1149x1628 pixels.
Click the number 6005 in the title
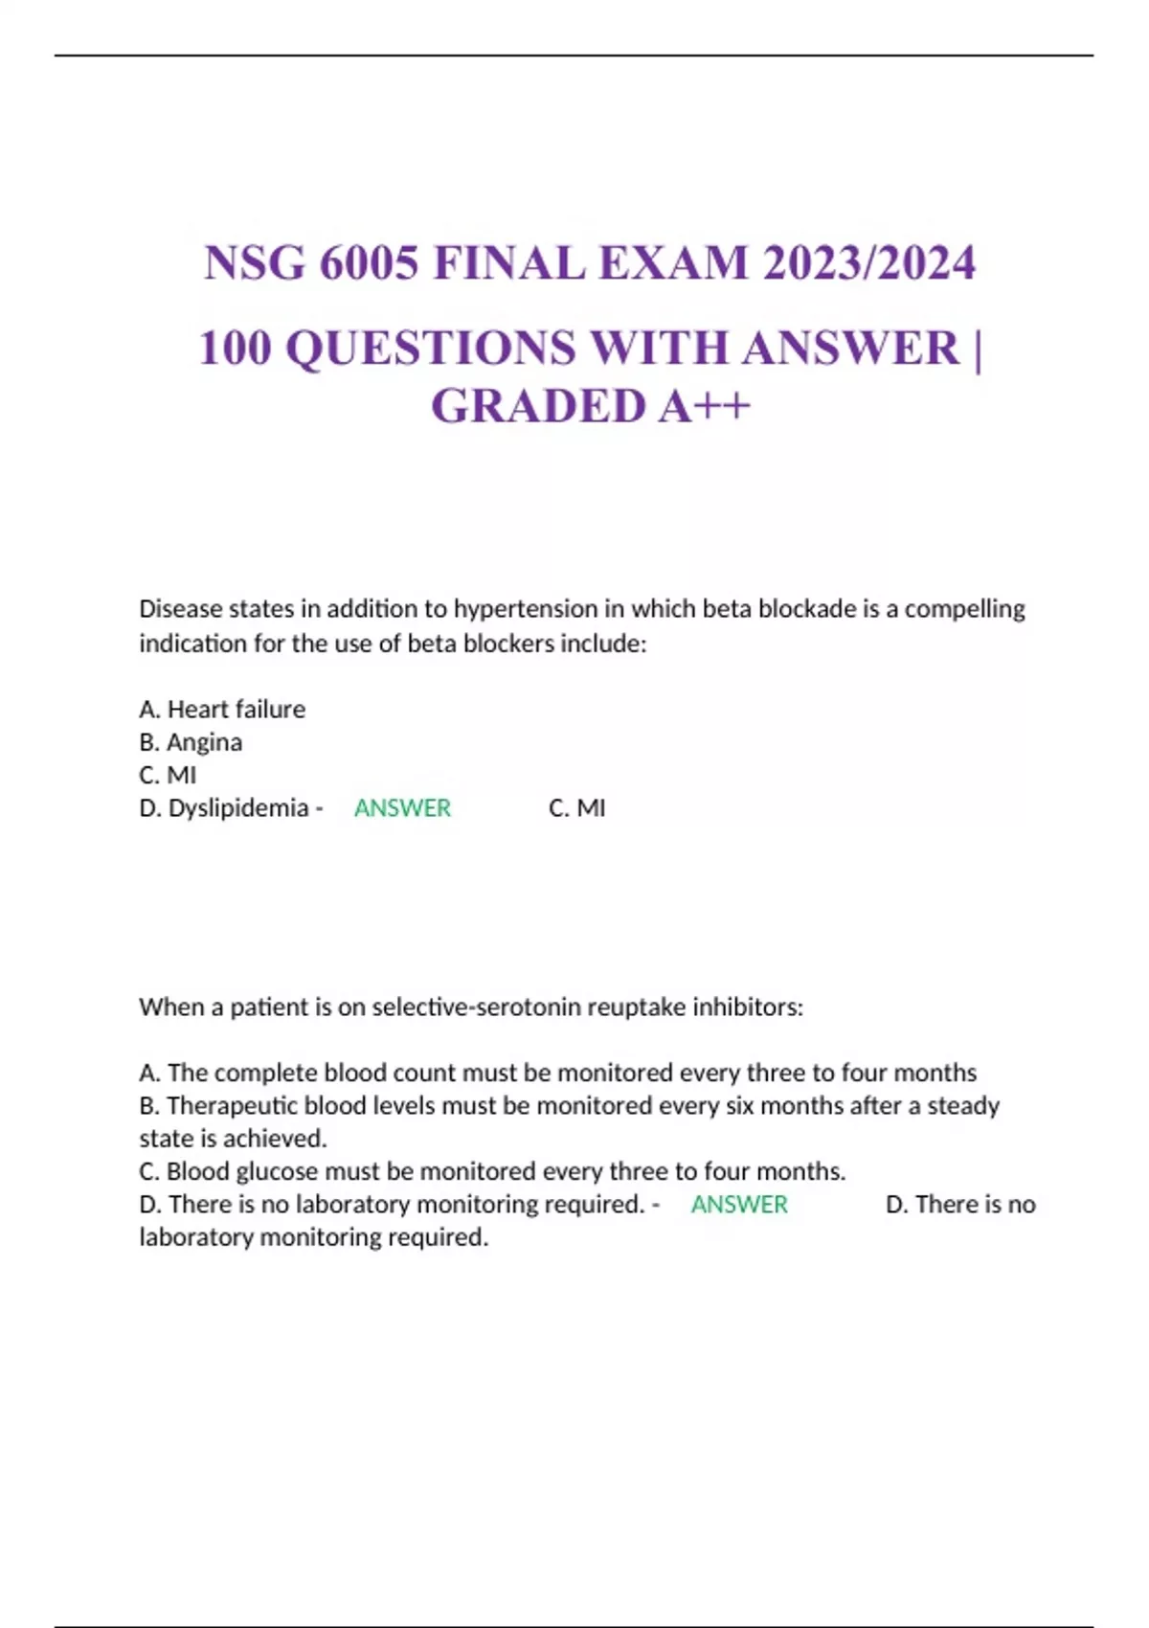(x=369, y=263)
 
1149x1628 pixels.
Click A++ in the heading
(x=704, y=406)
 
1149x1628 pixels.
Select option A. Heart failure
(x=222, y=710)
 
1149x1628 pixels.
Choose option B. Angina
(x=191, y=742)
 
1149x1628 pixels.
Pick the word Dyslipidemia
(x=238, y=808)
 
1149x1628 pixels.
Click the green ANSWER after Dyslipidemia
(x=402, y=808)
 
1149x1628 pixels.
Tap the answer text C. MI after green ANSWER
(x=576, y=808)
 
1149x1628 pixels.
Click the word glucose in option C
(x=277, y=1171)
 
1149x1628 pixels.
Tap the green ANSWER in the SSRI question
(x=739, y=1205)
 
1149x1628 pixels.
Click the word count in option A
(x=424, y=1073)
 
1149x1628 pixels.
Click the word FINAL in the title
(x=509, y=263)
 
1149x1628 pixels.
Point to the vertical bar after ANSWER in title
(x=977, y=348)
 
